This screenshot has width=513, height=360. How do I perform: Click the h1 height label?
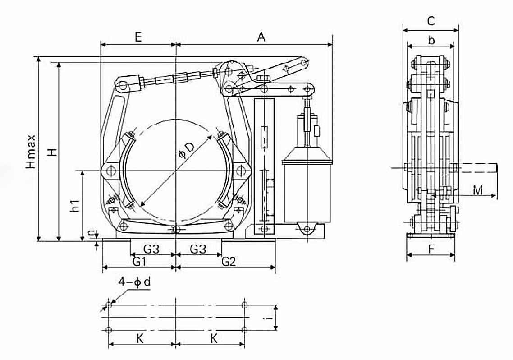(x=76, y=206)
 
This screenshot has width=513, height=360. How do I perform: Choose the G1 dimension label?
(x=138, y=261)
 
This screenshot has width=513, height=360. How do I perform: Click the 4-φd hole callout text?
(x=135, y=282)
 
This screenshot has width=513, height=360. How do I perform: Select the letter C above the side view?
(x=431, y=21)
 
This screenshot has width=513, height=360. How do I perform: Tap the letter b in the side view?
(x=431, y=40)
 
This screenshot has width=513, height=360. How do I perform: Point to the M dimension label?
(x=477, y=190)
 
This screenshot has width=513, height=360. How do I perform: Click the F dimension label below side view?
(x=431, y=249)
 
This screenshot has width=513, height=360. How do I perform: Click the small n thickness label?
(x=91, y=233)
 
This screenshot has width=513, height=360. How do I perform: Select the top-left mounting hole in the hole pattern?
(x=108, y=305)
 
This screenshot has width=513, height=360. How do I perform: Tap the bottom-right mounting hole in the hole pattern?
(x=244, y=330)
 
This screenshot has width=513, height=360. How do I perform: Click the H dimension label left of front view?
(x=54, y=152)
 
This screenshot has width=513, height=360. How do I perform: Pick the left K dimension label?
(x=140, y=339)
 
